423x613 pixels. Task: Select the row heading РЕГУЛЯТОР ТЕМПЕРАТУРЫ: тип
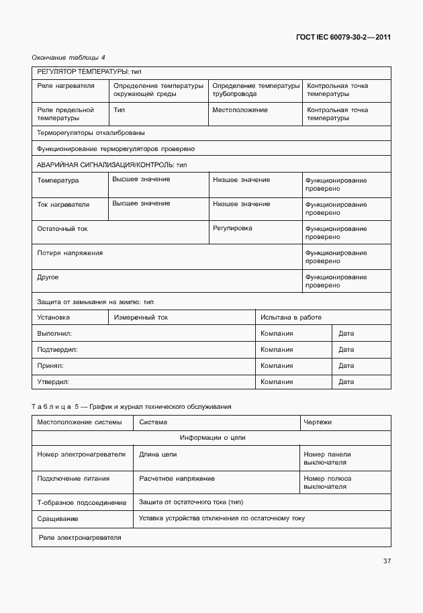coord(89,72)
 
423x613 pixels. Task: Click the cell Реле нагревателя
coord(66,86)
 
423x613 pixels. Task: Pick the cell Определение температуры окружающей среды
coord(158,90)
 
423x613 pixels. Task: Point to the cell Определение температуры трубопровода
coord(256,90)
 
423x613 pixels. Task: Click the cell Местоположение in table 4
coord(240,110)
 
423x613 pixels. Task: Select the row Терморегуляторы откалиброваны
coord(91,133)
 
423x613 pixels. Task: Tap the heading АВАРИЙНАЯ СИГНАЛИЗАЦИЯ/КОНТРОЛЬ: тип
coord(111,164)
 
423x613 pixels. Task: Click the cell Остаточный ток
coord(62,229)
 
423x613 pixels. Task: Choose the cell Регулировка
coord(232,228)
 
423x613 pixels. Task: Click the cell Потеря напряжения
coord(70,252)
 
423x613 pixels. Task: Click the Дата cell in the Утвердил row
coord(346,382)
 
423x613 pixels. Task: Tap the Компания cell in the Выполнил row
coord(277,334)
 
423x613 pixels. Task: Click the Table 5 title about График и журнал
coord(132,407)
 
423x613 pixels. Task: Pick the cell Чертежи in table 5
coord(318,422)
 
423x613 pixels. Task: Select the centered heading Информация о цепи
coord(212,438)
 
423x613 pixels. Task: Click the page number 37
coord(386,561)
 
